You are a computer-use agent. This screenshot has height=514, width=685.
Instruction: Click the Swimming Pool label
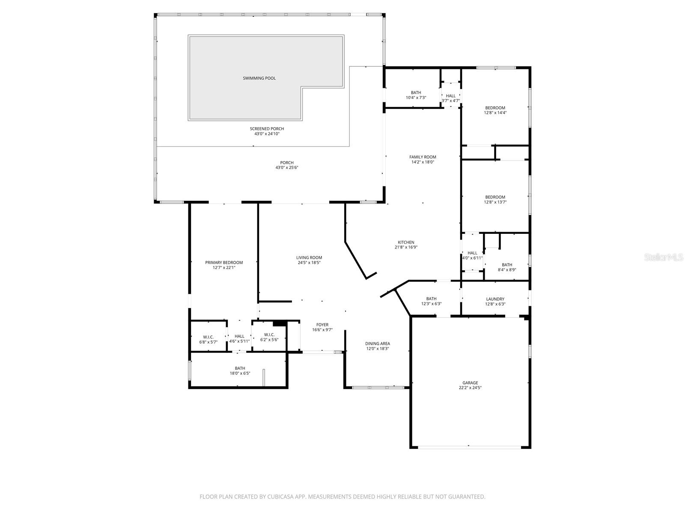click(x=259, y=78)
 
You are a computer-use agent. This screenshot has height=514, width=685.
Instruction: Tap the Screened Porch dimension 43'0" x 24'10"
click(x=267, y=134)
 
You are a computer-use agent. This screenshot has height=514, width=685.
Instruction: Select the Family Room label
click(x=423, y=157)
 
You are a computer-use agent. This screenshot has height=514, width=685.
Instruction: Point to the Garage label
click(x=470, y=383)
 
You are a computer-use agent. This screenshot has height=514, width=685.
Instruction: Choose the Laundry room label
click(x=495, y=299)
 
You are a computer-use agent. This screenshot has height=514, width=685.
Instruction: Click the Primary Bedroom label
click(x=224, y=263)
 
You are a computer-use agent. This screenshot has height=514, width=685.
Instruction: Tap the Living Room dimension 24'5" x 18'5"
click(x=309, y=263)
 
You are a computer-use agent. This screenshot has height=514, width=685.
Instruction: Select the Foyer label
click(x=322, y=325)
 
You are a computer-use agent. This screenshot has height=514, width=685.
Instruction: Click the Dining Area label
click(x=377, y=344)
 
